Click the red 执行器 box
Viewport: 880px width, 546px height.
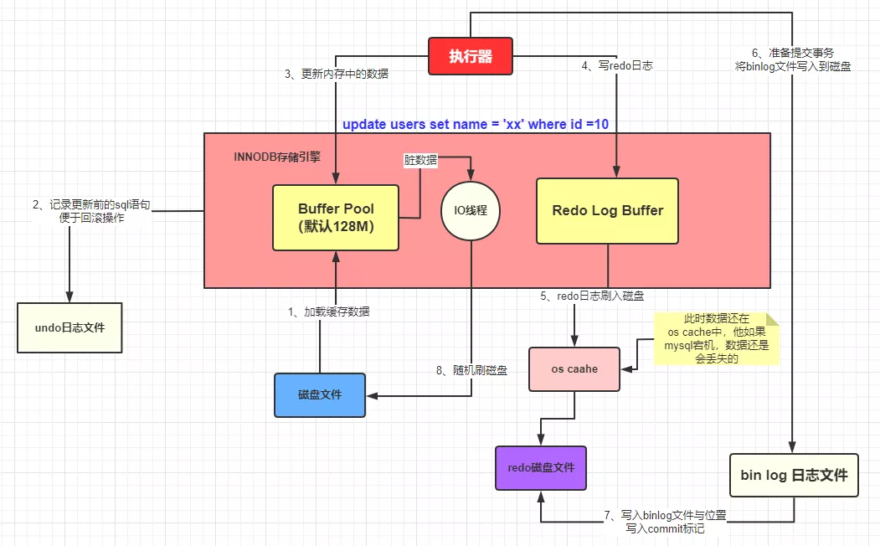tap(469, 57)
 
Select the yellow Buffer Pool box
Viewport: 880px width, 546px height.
tap(336, 218)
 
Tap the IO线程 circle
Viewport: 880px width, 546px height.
tap(471, 210)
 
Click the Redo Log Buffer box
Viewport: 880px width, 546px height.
tap(607, 211)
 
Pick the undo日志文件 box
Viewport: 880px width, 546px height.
tap(69, 327)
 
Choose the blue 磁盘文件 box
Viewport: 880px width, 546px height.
tap(320, 394)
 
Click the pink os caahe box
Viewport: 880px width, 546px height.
tap(574, 368)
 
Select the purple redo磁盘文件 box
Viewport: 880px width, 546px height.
tap(541, 467)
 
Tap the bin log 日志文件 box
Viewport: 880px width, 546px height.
tap(794, 475)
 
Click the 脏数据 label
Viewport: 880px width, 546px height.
tap(420, 160)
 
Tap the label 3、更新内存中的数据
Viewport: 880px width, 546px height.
tap(337, 74)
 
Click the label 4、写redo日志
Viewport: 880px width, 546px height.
tap(618, 64)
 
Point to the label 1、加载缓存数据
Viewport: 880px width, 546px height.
tap(329, 312)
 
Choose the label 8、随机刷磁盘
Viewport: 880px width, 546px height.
tap(471, 370)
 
